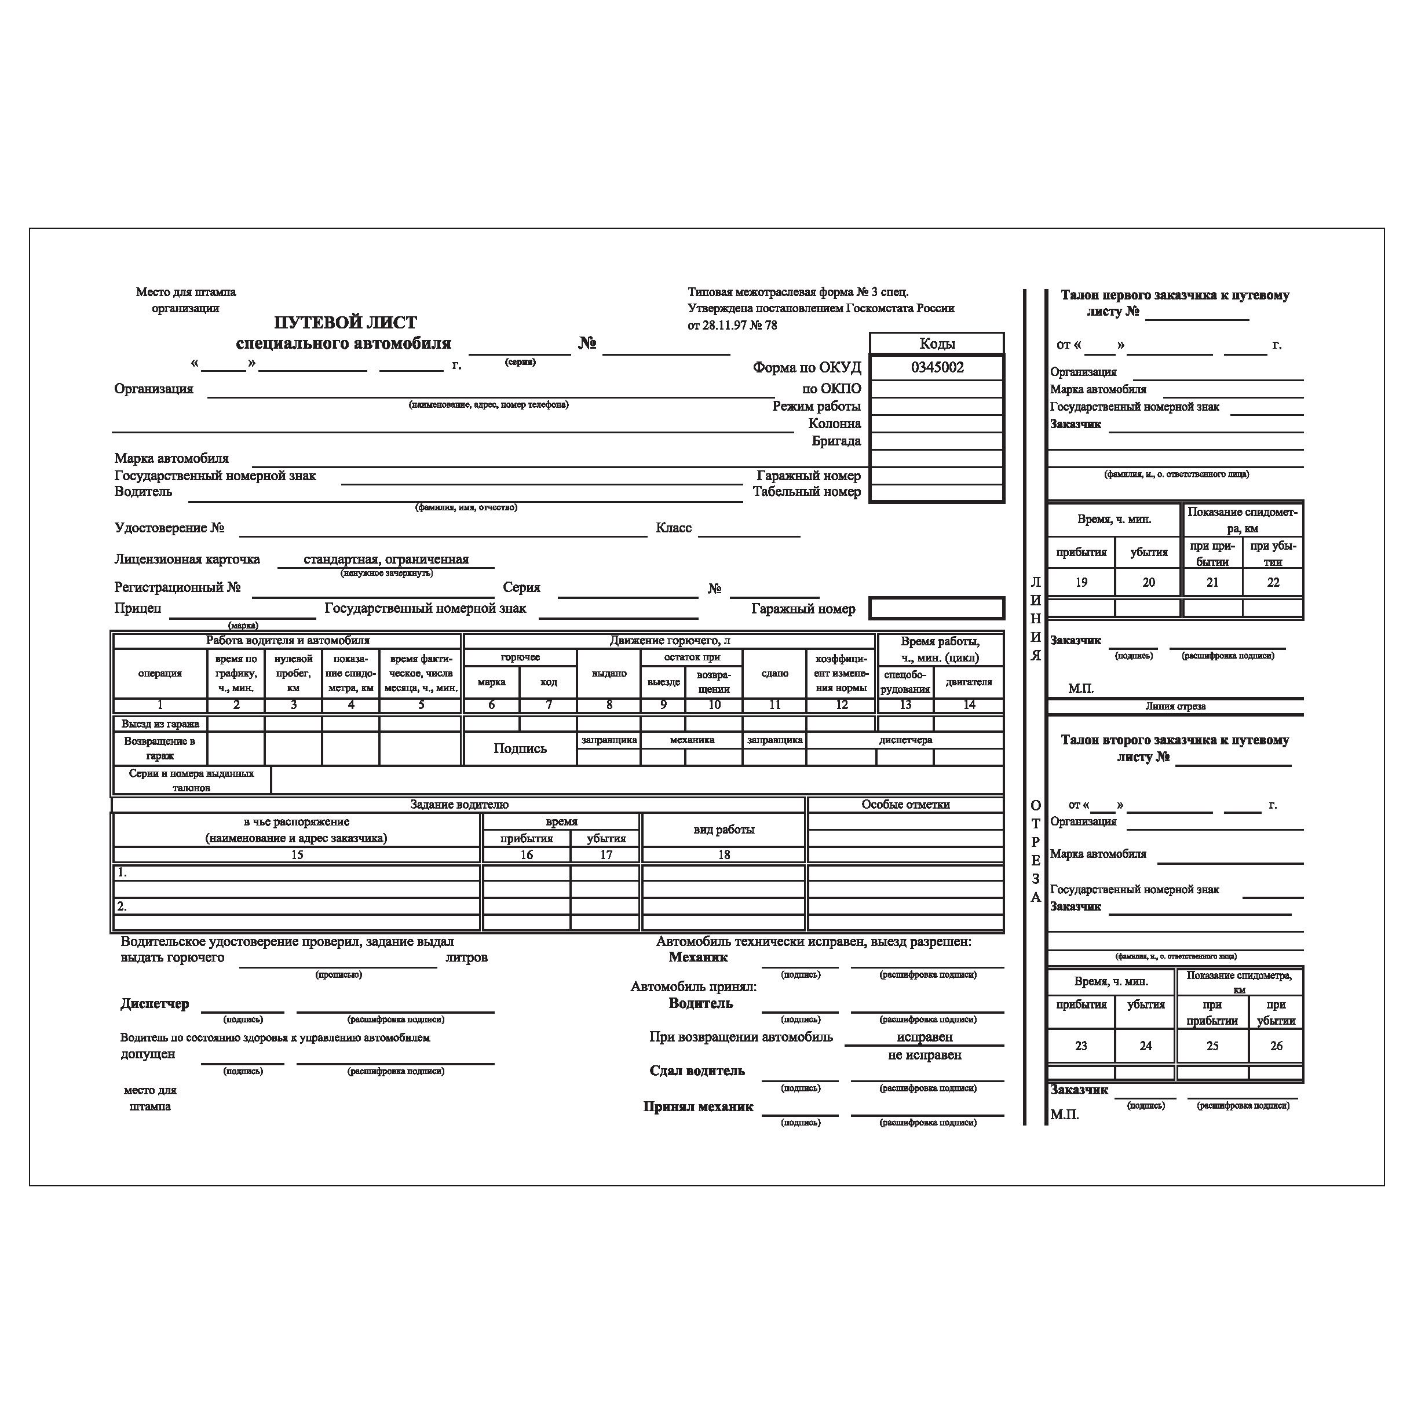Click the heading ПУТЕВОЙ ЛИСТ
(345, 323)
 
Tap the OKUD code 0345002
(937, 367)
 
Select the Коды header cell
(937, 344)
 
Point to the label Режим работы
(816, 406)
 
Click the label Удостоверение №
(169, 528)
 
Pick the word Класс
(673, 528)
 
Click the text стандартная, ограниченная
(386, 559)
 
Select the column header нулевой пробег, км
(294, 673)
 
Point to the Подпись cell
(520, 748)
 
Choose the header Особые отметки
(905, 805)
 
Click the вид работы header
(723, 829)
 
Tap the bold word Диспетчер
(155, 1004)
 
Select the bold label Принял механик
(697, 1106)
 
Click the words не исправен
(925, 1055)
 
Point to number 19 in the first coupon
(1081, 583)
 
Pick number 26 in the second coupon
(1276, 1046)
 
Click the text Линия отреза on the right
(1175, 706)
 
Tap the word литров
(466, 958)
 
